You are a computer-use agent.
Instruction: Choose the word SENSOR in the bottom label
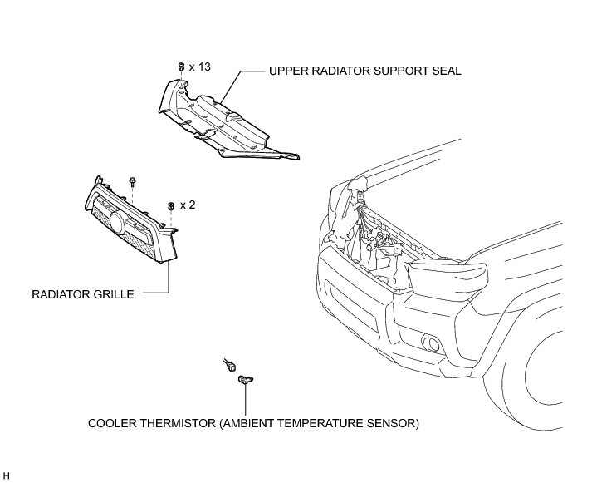(394, 423)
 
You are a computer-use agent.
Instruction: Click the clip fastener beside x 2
(170, 205)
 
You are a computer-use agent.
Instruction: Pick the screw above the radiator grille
(132, 181)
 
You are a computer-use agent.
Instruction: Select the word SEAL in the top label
(445, 71)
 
